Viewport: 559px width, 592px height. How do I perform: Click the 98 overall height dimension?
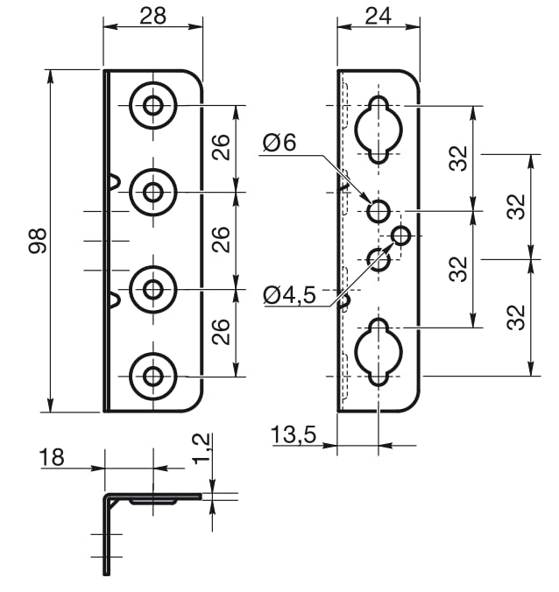pyautogui.click(x=38, y=241)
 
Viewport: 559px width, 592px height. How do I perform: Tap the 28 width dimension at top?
pyautogui.click(x=152, y=16)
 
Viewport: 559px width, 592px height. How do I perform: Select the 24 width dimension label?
pyautogui.click(x=379, y=16)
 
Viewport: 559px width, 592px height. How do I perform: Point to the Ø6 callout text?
pyautogui.click(x=279, y=143)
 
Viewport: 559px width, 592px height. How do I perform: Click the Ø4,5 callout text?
pyautogui.click(x=289, y=295)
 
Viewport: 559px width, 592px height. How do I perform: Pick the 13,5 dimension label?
pyautogui.click(x=294, y=434)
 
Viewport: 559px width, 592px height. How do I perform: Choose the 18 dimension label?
pyautogui.click(x=52, y=457)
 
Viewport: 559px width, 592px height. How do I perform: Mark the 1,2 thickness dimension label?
pyautogui.click(x=202, y=448)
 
